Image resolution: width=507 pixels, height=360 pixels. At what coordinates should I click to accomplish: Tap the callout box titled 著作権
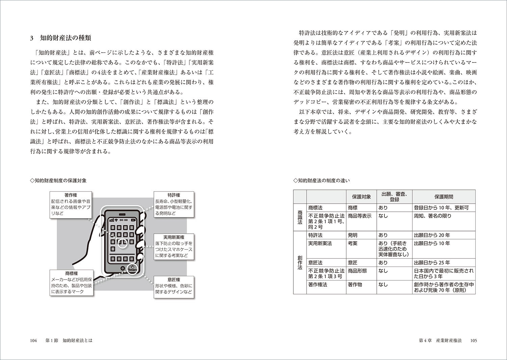coord(71,205)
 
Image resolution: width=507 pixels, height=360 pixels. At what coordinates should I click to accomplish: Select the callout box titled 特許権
coord(174,204)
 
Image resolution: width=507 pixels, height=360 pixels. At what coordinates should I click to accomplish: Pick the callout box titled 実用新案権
coord(174,247)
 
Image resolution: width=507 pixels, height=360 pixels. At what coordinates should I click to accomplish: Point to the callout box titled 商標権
coord(72,283)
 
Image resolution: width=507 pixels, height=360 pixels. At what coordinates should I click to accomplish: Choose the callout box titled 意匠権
coord(174,286)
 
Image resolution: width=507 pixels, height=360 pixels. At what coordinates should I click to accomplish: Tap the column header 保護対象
coord(361,197)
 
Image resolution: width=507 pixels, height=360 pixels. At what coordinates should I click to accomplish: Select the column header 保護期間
coord(444,197)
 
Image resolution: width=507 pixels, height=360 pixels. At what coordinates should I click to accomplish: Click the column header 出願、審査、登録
coord(394,197)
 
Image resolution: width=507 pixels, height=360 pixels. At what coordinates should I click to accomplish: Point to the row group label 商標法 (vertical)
coord(300,217)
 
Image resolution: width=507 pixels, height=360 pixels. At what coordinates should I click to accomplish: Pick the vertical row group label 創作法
coord(300,262)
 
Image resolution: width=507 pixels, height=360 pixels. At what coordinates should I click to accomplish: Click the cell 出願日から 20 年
coord(432,235)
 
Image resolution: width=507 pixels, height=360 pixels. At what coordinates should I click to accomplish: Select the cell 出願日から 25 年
coord(432,262)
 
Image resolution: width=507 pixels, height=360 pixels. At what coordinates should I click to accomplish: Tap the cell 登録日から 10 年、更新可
coord(441,208)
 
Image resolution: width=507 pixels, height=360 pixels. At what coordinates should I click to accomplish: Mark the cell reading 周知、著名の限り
coord(432,216)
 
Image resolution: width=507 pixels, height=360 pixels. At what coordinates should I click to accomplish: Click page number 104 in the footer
coord(33,341)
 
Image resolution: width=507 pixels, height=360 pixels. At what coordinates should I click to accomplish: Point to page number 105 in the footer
coord(473,341)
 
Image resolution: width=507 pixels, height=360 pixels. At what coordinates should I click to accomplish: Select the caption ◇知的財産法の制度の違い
coord(321,180)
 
